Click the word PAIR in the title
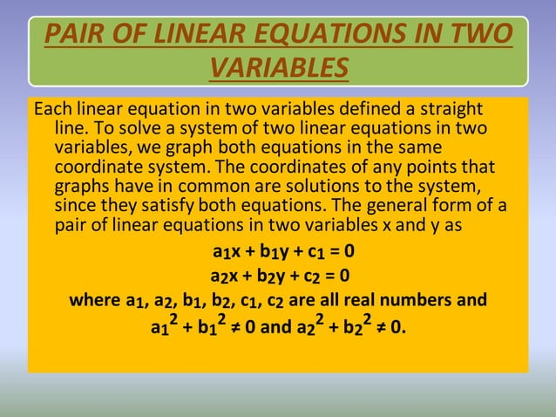click(x=73, y=36)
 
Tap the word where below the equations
click(x=95, y=302)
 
